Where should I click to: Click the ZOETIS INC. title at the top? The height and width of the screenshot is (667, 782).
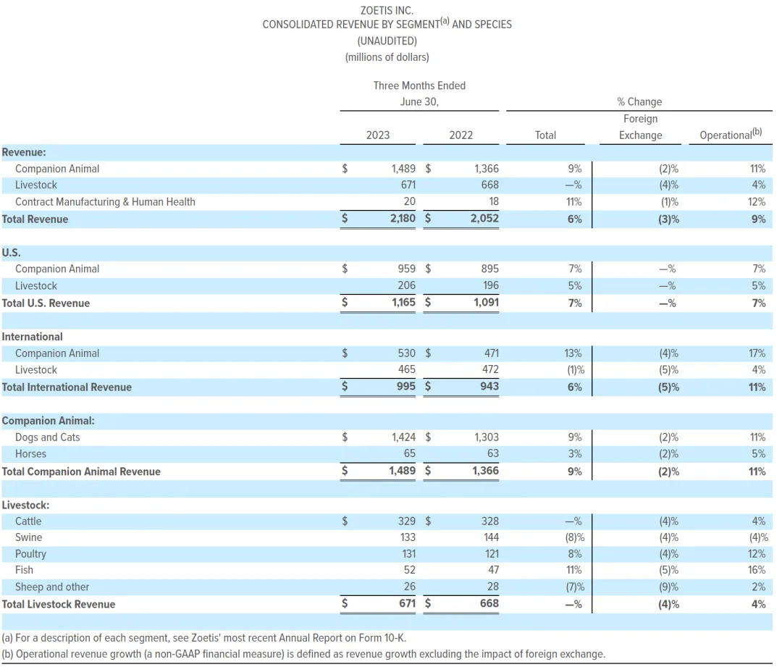tap(387, 10)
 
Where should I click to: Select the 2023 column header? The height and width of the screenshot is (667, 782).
tap(377, 135)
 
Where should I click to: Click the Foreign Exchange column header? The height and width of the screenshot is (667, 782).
tap(640, 127)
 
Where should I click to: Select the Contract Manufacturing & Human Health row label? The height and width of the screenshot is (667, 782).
tap(105, 202)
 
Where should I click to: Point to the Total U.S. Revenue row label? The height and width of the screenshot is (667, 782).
tap(46, 303)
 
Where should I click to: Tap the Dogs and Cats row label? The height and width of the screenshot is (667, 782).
tap(47, 437)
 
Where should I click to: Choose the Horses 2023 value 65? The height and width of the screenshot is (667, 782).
tap(409, 454)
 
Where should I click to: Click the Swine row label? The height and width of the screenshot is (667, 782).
tap(28, 537)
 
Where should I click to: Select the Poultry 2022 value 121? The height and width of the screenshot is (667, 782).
tap(489, 554)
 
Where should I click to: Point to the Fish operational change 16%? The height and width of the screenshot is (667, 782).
tap(757, 571)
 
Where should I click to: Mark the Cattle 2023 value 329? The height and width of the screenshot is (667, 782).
tap(405, 521)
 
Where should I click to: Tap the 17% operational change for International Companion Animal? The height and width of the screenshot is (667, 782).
tap(757, 353)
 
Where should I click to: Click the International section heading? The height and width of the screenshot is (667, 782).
tap(32, 337)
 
